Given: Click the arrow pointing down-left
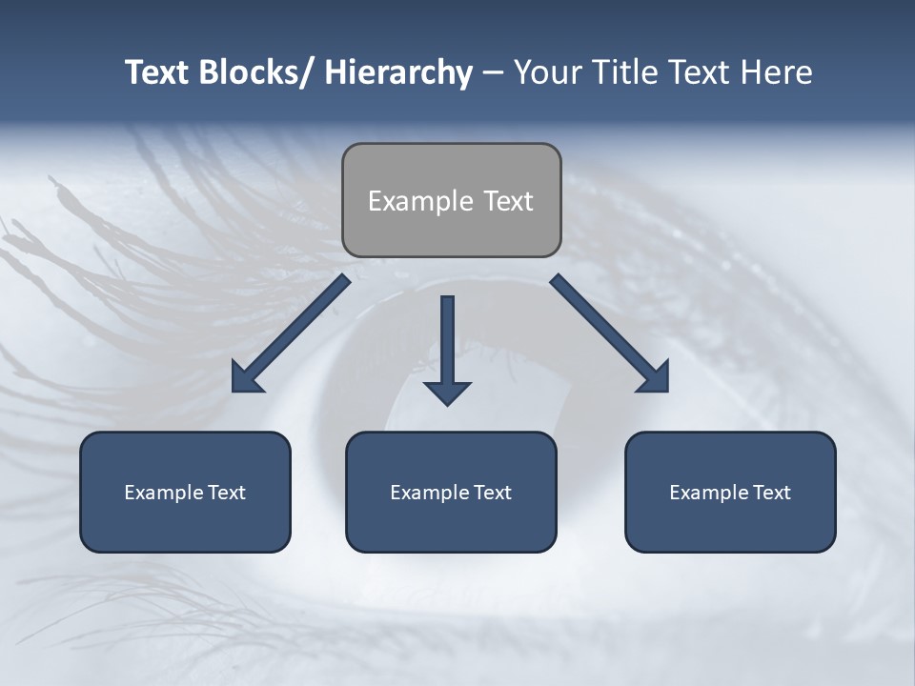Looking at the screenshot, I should (290, 334).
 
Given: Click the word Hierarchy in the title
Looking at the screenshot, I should (398, 73).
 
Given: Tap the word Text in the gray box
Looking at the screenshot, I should (507, 202).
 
